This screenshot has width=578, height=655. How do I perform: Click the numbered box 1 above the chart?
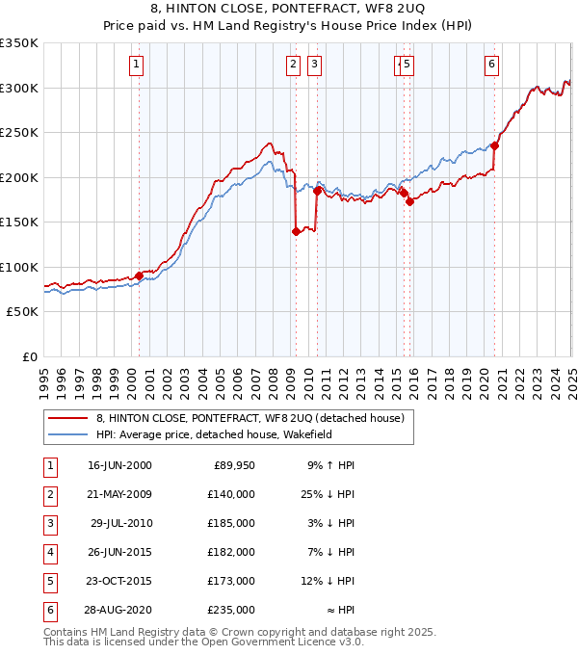(137, 65)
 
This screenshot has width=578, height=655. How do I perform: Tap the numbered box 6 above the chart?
(491, 65)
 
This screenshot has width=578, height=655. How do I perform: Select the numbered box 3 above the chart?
(314, 65)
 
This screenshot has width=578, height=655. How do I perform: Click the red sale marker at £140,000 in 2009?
(295, 231)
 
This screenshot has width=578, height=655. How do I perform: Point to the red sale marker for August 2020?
(494, 146)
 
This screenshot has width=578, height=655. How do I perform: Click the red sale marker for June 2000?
(139, 275)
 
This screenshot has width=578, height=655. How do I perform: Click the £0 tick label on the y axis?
(28, 356)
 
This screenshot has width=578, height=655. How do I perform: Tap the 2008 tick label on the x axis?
(274, 375)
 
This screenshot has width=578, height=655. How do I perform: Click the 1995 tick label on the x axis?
(45, 375)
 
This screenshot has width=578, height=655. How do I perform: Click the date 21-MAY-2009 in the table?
(119, 494)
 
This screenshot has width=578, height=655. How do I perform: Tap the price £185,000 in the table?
(231, 523)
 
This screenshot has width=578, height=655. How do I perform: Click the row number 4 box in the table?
(48, 552)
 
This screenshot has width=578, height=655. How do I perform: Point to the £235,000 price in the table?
(231, 610)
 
